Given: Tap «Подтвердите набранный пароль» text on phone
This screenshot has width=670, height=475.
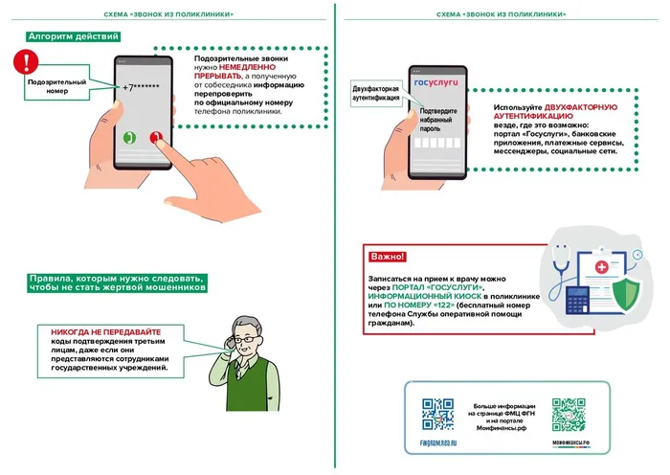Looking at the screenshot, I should click(x=436, y=118).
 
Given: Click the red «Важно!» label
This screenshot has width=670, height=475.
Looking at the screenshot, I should click(x=387, y=258).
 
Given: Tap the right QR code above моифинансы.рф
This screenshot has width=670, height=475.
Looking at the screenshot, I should click(x=568, y=414).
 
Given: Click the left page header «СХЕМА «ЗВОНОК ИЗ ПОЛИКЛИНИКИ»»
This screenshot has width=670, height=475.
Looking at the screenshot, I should click(x=168, y=15).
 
